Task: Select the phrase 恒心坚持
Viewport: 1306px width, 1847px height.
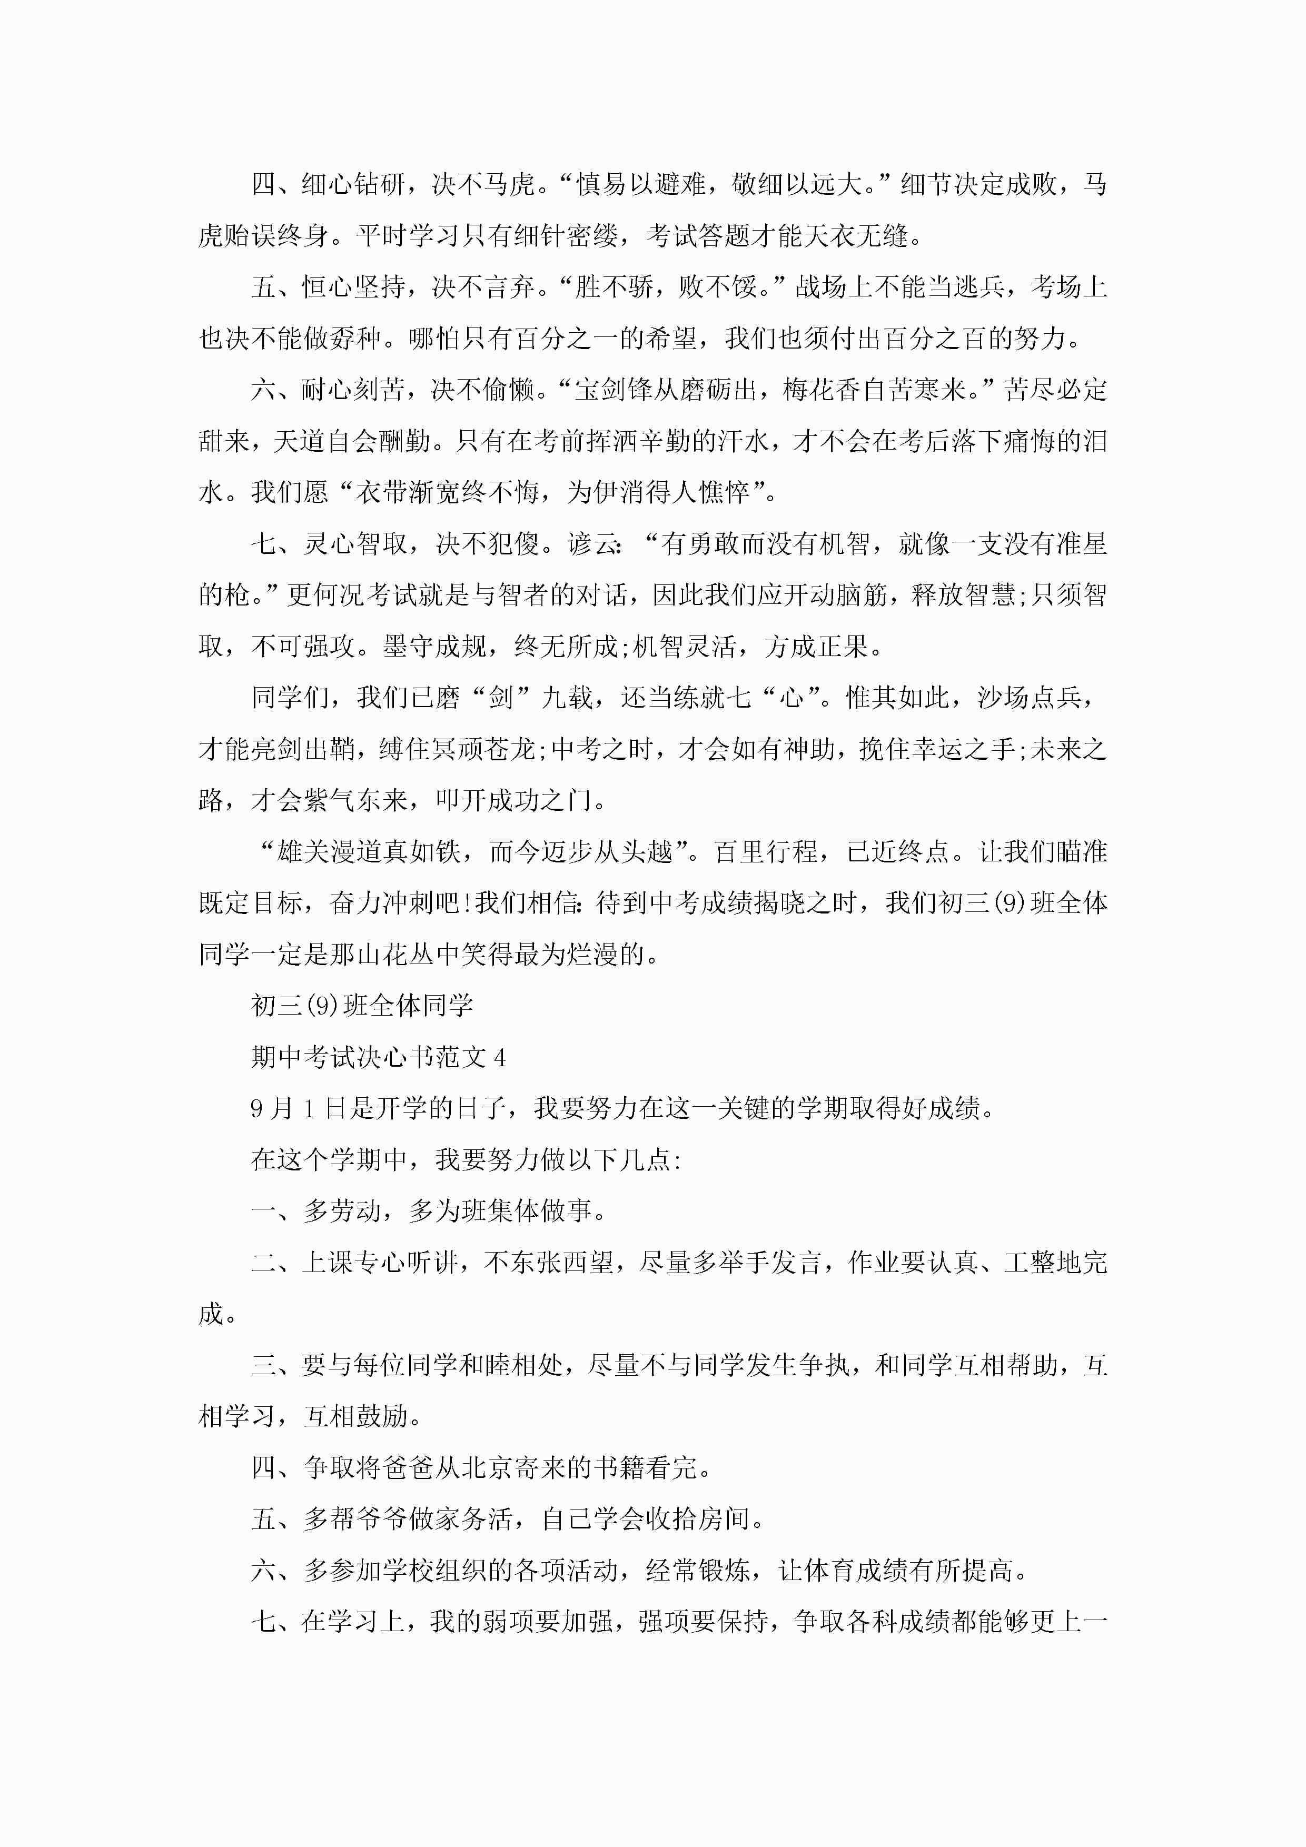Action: tap(353, 287)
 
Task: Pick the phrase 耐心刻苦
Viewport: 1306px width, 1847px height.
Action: tap(353, 390)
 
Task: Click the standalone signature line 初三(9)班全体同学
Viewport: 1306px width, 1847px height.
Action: tap(362, 1006)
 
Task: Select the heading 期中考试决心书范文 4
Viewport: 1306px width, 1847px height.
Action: tap(378, 1057)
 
